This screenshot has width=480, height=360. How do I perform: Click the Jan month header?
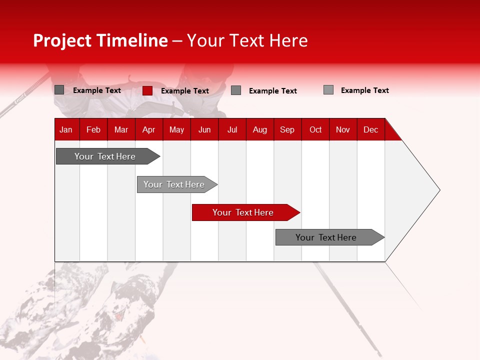66,129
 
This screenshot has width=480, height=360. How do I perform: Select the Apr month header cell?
148,129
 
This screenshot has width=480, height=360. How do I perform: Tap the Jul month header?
232,129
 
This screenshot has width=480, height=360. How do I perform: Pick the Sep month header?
287,129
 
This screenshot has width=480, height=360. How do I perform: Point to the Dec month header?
370,129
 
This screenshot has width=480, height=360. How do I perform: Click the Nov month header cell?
342,129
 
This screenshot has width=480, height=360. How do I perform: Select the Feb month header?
93,129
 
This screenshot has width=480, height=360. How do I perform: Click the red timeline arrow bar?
245,212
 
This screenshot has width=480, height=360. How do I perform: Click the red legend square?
147,90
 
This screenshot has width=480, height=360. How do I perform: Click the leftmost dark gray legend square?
59,90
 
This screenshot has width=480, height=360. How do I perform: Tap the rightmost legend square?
328,90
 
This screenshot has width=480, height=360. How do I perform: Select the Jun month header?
204,129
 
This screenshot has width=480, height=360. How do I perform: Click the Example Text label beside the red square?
185,91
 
